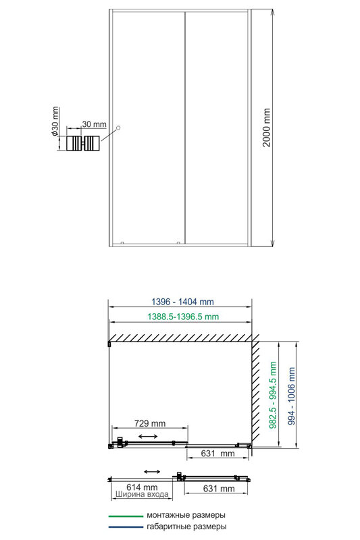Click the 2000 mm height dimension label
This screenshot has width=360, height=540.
(x=267, y=128)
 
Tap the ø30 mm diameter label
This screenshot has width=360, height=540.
(x=55, y=121)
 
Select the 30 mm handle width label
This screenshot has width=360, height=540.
(x=95, y=124)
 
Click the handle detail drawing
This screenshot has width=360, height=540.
(x=83, y=143)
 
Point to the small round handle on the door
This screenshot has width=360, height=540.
(x=118, y=128)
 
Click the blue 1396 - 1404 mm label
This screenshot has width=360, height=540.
(x=182, y=302)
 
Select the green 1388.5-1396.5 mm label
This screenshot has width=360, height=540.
(x=183, y=317)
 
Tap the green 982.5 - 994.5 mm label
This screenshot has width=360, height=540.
(x=273, y=395)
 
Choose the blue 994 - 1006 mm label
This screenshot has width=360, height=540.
(x=292, y=396)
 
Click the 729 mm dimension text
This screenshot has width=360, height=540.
(x=150, y=423)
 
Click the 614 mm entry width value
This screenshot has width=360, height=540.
(x=142, y=487)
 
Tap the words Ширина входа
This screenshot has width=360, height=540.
(x=142, y=495)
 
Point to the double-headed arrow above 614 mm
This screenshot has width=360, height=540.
(x=152, y=471)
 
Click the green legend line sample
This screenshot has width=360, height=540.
(x=126, y=516)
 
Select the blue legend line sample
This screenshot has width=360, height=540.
(x=126, y=527)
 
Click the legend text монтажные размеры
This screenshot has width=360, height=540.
(x=186, y=516)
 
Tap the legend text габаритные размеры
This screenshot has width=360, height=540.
(x=186, y=526)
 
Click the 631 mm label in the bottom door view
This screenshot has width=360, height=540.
(x=219, y=488)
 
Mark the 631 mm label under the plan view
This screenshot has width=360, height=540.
(x=217, y=453)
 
